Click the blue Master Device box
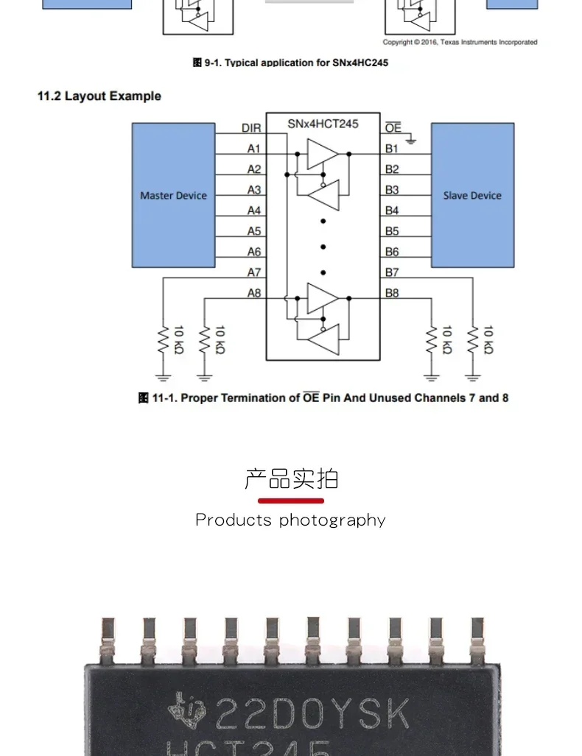pyautogui.click(x=173, y=195)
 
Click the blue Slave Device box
pyautogui.click(x=472, y=195)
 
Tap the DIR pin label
pyautogui.click(x=251, y=128)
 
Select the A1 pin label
pyautogui.click(x=254, y=149)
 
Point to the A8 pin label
pyautogui.click(x=254, y=293)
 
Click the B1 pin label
pyautogui.click(x=392, y=149)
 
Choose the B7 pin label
pyautogui.click(x=392, y=272)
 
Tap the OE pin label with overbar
pyautogui.click(x=393, y=128)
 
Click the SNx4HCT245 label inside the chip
pyautogui.click(x=323, y=124)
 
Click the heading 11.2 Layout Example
pyautogui.click(x=99, y=96)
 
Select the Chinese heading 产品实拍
pyautogui.click(x=291, y=478)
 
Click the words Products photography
pyautogui.click(x=290, y=520)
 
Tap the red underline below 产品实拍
pyautogui.click(x=290, y=501)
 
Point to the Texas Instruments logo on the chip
pyautogui.click(x=187, y=711)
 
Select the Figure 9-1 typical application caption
pyautogui.click(x=290, y=63)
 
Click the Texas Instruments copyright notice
pyautogui.click(x=460, y=42)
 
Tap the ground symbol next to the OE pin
pyautogui.click(x=410, y=139)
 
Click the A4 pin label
pyautogui.click(x=254, y=211)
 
